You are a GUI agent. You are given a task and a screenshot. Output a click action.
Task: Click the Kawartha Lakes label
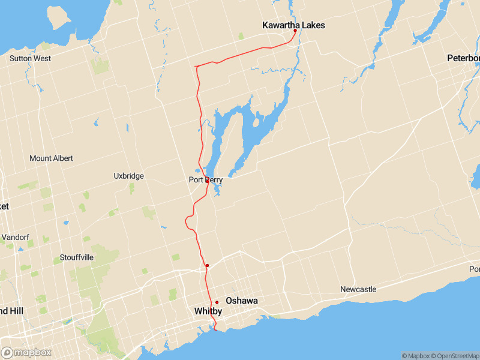[293, 25]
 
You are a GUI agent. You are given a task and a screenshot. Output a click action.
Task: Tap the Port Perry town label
[206, 179]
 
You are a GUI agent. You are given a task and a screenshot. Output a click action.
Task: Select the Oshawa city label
[241, 301]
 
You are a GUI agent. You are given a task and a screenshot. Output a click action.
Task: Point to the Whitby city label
[208, 311]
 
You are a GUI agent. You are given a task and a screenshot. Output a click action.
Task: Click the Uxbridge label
[128, 176]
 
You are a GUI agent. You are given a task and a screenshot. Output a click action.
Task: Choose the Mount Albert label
[51, 158]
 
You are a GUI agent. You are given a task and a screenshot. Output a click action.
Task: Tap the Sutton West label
[30, 58]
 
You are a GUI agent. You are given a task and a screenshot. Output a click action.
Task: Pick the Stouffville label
[77, 258]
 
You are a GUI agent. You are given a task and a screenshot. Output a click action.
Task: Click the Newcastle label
[358, 289]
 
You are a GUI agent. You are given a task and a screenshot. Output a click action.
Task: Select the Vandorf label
[14, 238]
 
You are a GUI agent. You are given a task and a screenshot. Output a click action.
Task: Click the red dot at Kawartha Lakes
[295, 31]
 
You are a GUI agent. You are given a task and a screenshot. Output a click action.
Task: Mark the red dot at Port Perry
[207, 180]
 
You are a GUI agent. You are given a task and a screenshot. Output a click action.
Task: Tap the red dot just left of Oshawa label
[217, 302]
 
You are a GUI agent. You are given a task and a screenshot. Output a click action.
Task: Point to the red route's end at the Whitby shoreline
[215, 329]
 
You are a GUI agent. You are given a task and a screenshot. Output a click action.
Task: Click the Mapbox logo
[26, 352]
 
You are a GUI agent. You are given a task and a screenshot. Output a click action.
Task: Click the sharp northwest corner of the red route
[196, 65]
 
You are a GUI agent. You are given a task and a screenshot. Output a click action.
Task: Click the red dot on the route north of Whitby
[206, 265]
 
